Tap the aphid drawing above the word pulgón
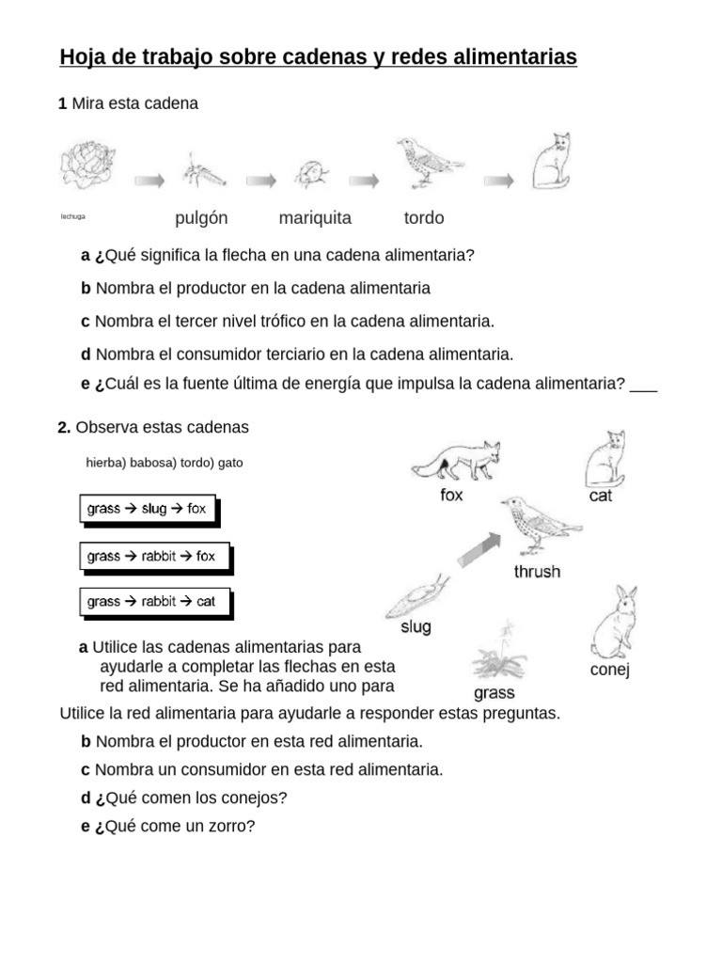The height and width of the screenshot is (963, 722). point(201,171)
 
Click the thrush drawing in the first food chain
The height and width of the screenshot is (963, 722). point(426,162)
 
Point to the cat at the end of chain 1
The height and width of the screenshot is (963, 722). point(552,162)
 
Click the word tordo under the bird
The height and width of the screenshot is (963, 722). point(424,218)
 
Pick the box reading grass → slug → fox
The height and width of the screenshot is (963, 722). point(147,509)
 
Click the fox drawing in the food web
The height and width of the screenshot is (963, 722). point(456,459)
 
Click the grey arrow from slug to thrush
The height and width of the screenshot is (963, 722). point(479,547)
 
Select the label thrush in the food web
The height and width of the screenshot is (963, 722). point(537,571)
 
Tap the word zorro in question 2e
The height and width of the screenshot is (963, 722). point(228,826)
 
